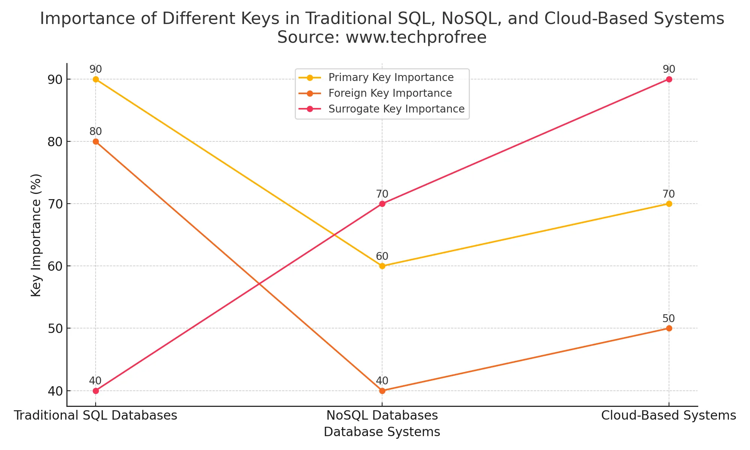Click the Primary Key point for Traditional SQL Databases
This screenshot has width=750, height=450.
96,79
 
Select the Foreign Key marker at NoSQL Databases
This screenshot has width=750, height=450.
382,391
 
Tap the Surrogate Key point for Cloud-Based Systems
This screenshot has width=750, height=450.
669,79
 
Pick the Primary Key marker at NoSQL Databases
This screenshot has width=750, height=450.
382,266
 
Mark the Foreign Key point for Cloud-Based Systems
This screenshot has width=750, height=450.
669,328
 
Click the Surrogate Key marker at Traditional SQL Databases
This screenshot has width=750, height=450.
96,391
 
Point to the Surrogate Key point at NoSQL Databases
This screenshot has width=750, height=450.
382,204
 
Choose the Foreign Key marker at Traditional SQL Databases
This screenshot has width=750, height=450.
96,141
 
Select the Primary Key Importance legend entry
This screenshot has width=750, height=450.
391,78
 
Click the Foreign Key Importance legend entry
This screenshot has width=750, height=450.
390,93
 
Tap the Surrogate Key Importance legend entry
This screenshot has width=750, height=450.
396,109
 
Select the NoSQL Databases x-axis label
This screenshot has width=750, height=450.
382,415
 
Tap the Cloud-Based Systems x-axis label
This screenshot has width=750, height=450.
669,415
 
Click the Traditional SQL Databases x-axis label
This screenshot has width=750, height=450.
96,415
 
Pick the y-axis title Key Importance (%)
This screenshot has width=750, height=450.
36,235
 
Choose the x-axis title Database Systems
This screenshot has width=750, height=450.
382,432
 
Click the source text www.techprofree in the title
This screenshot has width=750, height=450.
416,37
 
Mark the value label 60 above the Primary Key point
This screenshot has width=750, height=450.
382,256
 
